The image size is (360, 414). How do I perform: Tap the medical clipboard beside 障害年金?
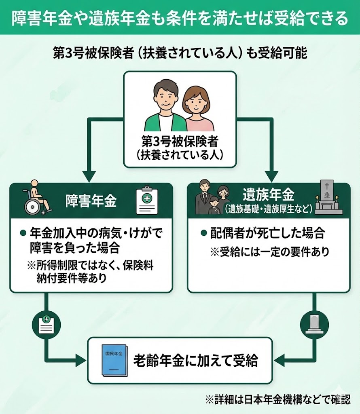pyautogui.click(x=147, y=200)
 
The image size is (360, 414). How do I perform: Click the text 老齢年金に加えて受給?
pyautogui.click(x=198, y=361)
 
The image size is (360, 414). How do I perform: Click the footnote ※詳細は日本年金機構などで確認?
pyautogui.click(x=277, y=400)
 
